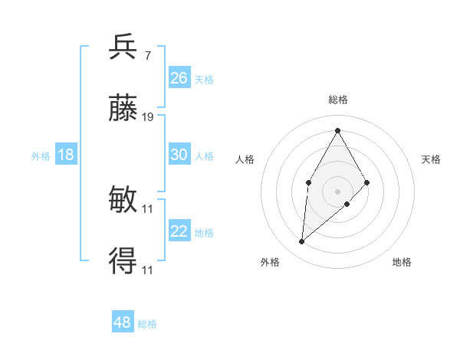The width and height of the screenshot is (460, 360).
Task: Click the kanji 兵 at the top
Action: click(123, 47)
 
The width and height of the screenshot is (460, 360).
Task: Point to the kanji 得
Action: click(123, 261)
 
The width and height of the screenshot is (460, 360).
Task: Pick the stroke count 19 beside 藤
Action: click(148, 117)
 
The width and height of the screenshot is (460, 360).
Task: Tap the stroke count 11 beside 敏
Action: click(148, 208)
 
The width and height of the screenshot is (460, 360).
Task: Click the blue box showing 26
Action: click(179, 78)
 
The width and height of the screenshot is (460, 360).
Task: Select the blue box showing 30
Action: click(179, 155)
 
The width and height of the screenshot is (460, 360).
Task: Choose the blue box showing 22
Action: click(179, 231)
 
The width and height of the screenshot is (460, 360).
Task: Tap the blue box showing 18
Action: click(66, 155)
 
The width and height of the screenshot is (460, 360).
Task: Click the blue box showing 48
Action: click(123, 322)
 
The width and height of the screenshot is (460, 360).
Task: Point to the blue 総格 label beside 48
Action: click(147, 324)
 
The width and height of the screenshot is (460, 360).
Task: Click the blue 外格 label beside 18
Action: click(41, 155)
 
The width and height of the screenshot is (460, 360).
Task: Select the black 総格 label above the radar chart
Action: click(337, 100)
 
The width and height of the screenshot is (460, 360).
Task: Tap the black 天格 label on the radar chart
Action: click(431, 159)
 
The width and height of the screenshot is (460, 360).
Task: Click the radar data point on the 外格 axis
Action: click(301, 242)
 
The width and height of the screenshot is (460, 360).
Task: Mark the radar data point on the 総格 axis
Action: click(337, 130)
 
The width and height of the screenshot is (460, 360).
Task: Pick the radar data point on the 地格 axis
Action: click(347, 204)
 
